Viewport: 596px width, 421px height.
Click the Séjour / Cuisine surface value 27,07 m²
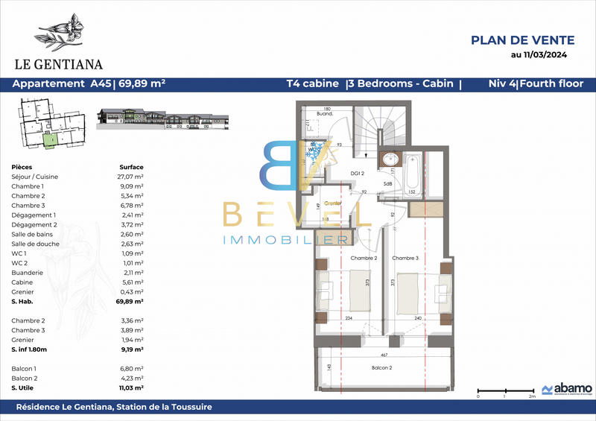pyautogui.click(x=132, y=177)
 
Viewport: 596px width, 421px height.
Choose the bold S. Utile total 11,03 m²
pyautogui.click(x=132, y=387)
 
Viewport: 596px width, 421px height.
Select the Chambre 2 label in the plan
pyautogui.click(x=364, y=259)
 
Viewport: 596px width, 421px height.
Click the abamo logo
pyautogui.click(x=566, y=388)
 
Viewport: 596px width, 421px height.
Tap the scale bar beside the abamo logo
pyautogui.click(x=504, y=390)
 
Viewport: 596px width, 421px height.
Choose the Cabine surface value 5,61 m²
pyautogui.click(x=132, y=282)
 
